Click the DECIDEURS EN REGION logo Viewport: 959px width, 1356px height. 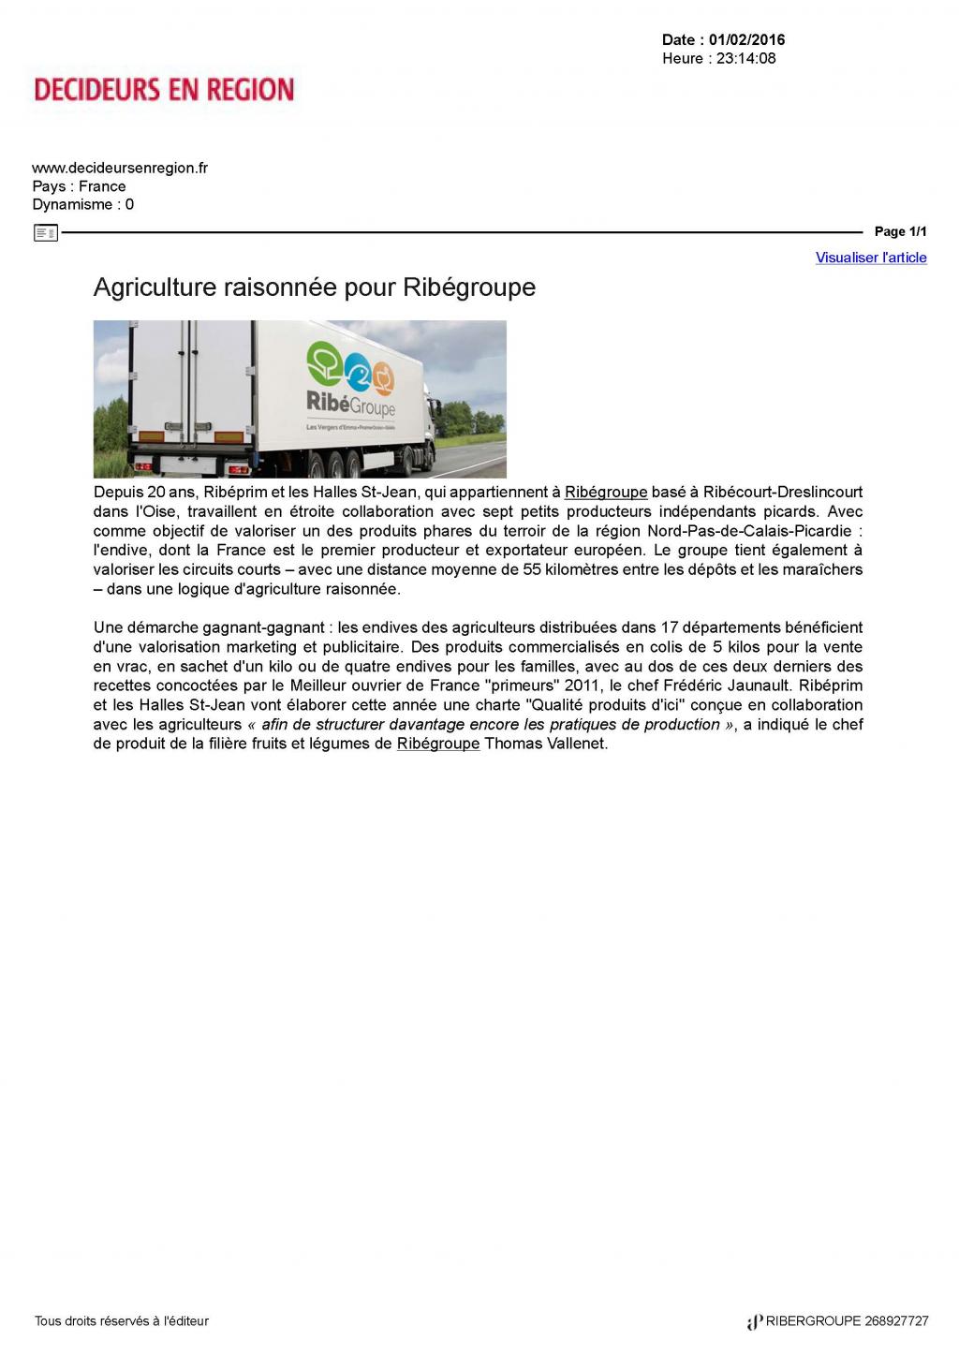pyautogui.click(x=164, y=90)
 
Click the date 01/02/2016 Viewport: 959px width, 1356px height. pyautogui.click(x=746, y=39)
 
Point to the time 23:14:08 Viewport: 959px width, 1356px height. pyautogui.click(x=745, y=58)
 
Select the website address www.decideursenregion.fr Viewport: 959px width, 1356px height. pyautogui.click(x=120, y=168)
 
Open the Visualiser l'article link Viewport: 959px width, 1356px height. pyautogui.click(x=871, y=258)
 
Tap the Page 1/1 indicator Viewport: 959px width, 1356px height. pyautogui.click(x=900, y=231)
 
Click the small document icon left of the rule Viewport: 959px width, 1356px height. pyautogui.click(x=45, y=232)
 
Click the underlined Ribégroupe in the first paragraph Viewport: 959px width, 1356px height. pyautogui.click(x=606, y=492)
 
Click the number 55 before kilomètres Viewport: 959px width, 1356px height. pyautogui.click(x=532, y=569)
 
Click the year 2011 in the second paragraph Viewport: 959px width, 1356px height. pyautogui.click(x=583, y=685)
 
